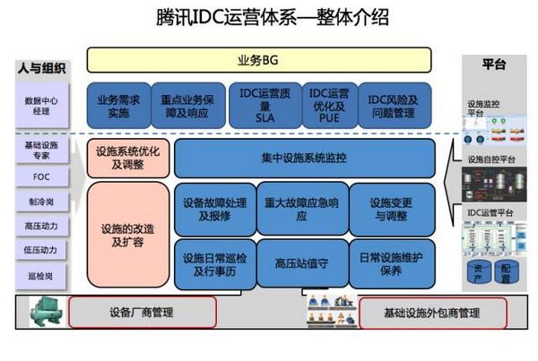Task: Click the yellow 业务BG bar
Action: [x=259, y=59]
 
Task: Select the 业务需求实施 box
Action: [x=118, y=106]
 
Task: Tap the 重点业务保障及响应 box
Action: [x=187, y=106]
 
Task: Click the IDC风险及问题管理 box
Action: [x=393, y=106]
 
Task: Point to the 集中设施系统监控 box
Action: [x=304, y=159]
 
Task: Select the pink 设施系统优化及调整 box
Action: [x=128, y=159]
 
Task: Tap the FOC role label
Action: [x=42, y=177]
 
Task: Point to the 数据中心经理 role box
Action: [x=42, y=107]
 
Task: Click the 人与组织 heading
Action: [x=42, y=67]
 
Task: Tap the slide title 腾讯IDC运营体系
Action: [x=268, y=18]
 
